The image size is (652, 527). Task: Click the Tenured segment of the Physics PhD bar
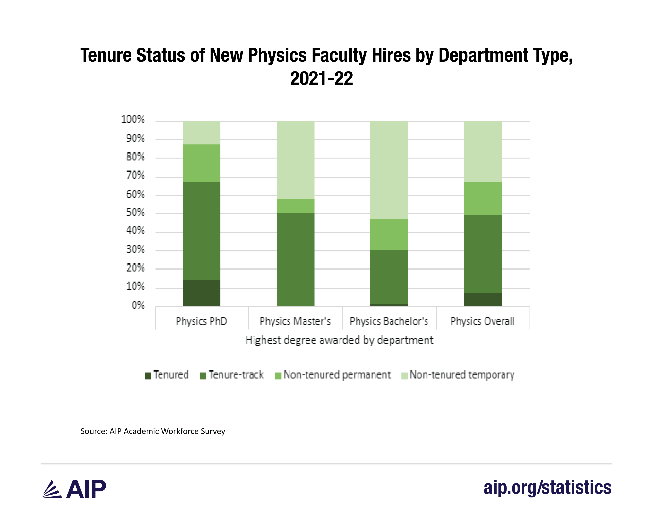pyautogui.click(x=201, y=292)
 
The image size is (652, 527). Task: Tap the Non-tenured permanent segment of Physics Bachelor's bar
pyautogui.click(x=388, y=234)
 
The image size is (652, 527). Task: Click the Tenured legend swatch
pyautogui.click(x=148, y=376)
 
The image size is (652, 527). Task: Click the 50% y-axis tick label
pyautogui.click(x=135, y=212)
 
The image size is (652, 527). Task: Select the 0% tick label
pyautogui.click(x=138, y=305)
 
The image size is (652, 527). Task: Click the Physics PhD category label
pyautogui.click(x=201, y=321)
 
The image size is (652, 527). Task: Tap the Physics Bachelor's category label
pyautogui.click(x=389, y=321)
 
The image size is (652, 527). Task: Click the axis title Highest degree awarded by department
pyautogui.click(x=339, y=340)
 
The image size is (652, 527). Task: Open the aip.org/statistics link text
pyautogui.click(x=547, y=488)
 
